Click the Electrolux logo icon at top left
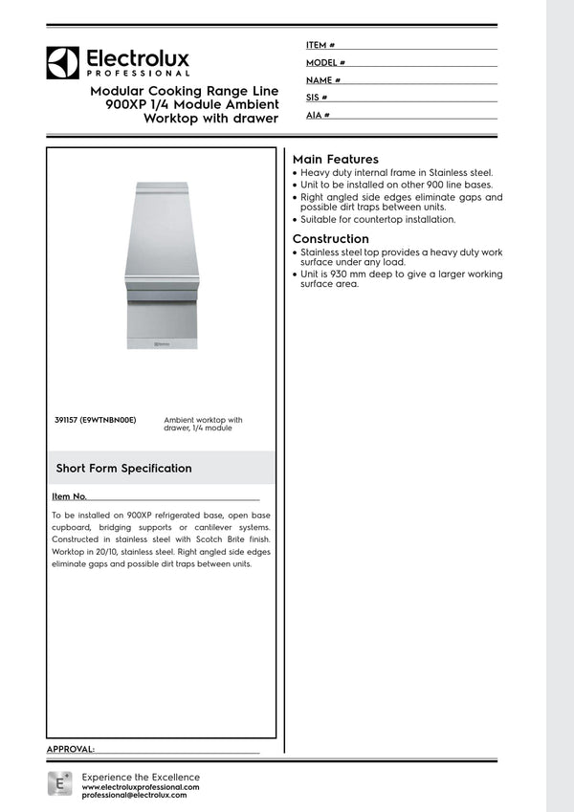(62, 62)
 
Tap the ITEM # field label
(320, 45)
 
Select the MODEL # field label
(325, 62)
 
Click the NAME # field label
(323, 80)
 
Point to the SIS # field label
(317, 98)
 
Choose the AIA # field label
(318, 115)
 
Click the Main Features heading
(335, 159)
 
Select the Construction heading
(330, 239)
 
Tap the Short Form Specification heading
(123, 469)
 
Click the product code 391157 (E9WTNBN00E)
(96, 420)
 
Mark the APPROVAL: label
(71, 748)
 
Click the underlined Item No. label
(69, 497)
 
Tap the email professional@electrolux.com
(141, 795)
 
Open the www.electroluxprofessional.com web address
(141, 786)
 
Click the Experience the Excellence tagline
(141, 777)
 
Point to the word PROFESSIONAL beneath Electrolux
(139, 73)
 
